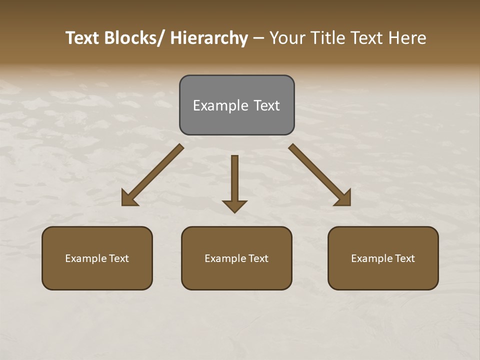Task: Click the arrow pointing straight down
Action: [x=234, y=182]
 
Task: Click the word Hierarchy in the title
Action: [x=209, y=38]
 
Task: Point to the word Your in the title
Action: [x=287, y=38]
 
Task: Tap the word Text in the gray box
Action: [x=266, y=105]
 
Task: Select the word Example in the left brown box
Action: [x=86, y=258]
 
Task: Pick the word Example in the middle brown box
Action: [x=225, y=258]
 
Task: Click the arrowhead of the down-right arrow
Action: [x=344, y=199]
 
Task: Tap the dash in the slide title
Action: [x=258, y=38]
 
